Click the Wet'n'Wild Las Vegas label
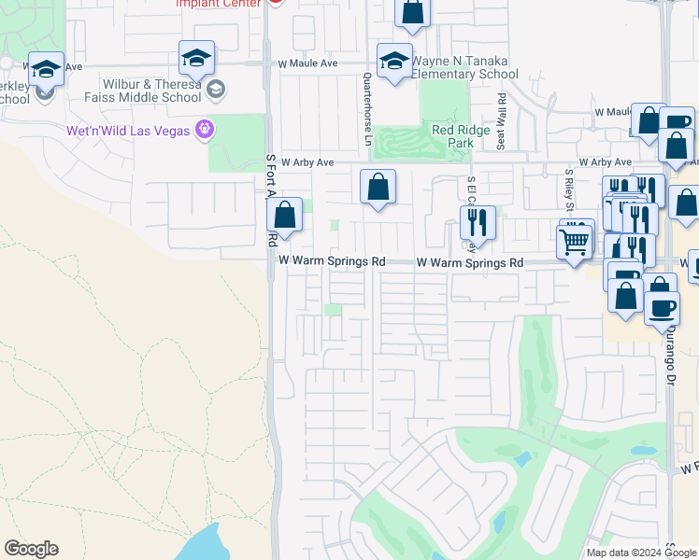click(128, 130)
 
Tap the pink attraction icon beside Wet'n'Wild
click(204, 129)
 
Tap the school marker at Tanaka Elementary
click(394, 61)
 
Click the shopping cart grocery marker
click(574, 242)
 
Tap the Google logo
click(31, 549)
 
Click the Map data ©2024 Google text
click(642, 553)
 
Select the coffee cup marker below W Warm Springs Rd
click(662, 307)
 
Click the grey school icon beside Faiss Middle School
click(216, 90)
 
